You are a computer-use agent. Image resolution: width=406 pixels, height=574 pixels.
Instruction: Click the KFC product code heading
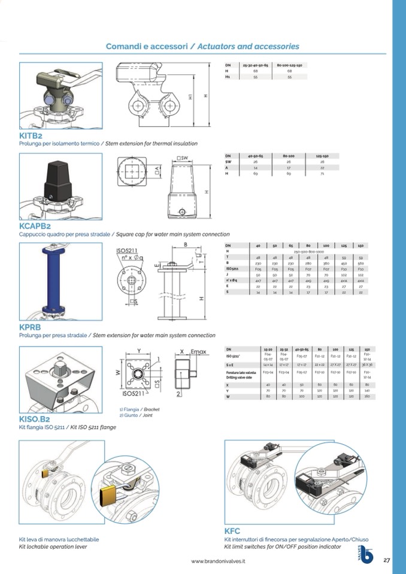(232, 531)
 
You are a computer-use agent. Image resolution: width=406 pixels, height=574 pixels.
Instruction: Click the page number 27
(386, 560)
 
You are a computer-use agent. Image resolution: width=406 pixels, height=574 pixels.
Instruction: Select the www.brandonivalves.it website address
(218, 561)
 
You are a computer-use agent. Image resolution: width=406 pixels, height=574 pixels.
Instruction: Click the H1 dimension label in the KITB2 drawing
(191, 96)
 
